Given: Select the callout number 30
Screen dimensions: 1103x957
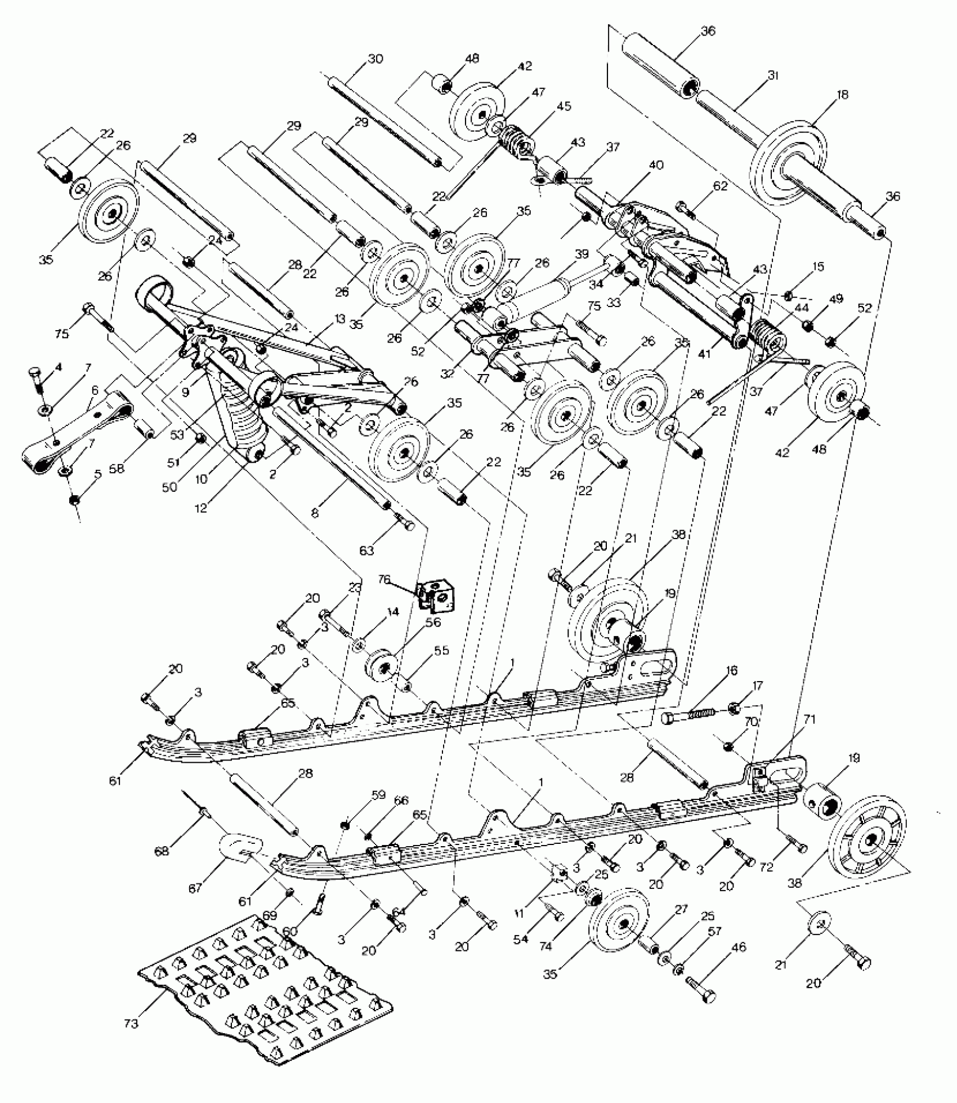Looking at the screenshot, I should pyautogui.click(x=375, y=59).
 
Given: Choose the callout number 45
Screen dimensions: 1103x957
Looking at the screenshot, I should pyautogui.click(x=564, y=106).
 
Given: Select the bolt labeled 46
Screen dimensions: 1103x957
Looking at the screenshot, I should pyautogui.click(x=701, y=1000).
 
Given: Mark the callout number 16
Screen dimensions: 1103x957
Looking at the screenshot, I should pyautogui.click(x=731, y=670).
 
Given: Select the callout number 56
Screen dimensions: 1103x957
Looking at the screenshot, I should pyautogui.click(x=433, y=622).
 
